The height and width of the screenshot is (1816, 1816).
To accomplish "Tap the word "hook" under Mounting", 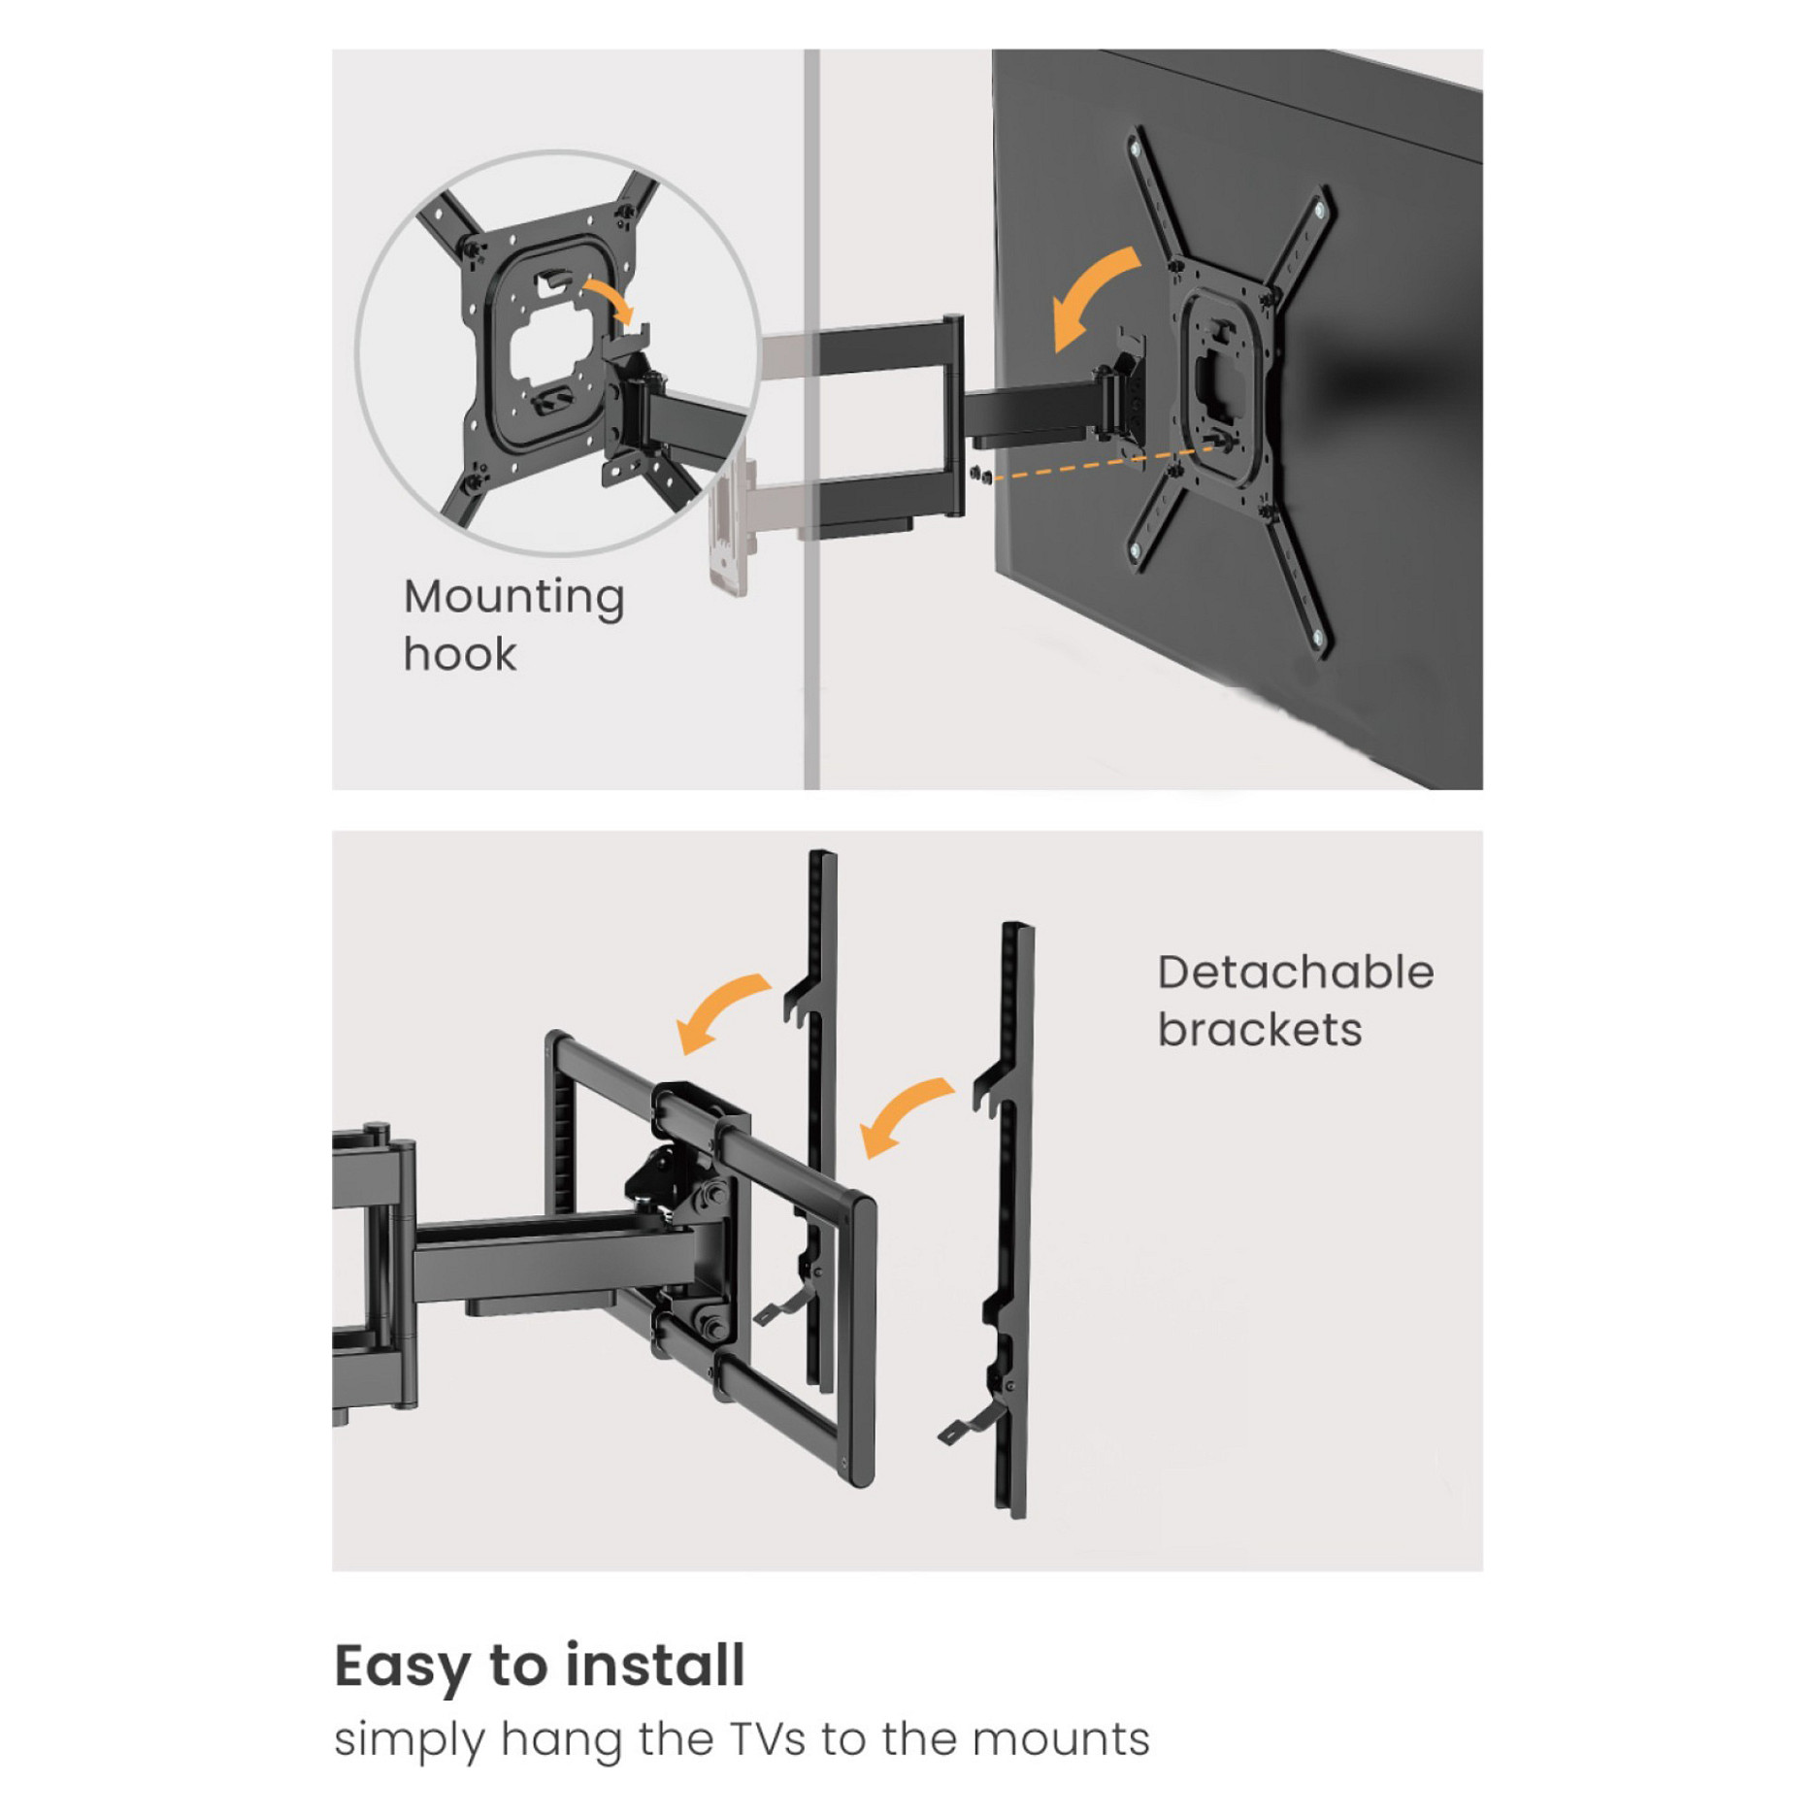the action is point(460,654).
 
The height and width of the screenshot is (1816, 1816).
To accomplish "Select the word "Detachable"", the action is point(1295,972).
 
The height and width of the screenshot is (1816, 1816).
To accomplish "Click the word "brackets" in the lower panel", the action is point(1260,1029).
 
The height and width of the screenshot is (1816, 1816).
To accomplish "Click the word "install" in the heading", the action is point(656,1665).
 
